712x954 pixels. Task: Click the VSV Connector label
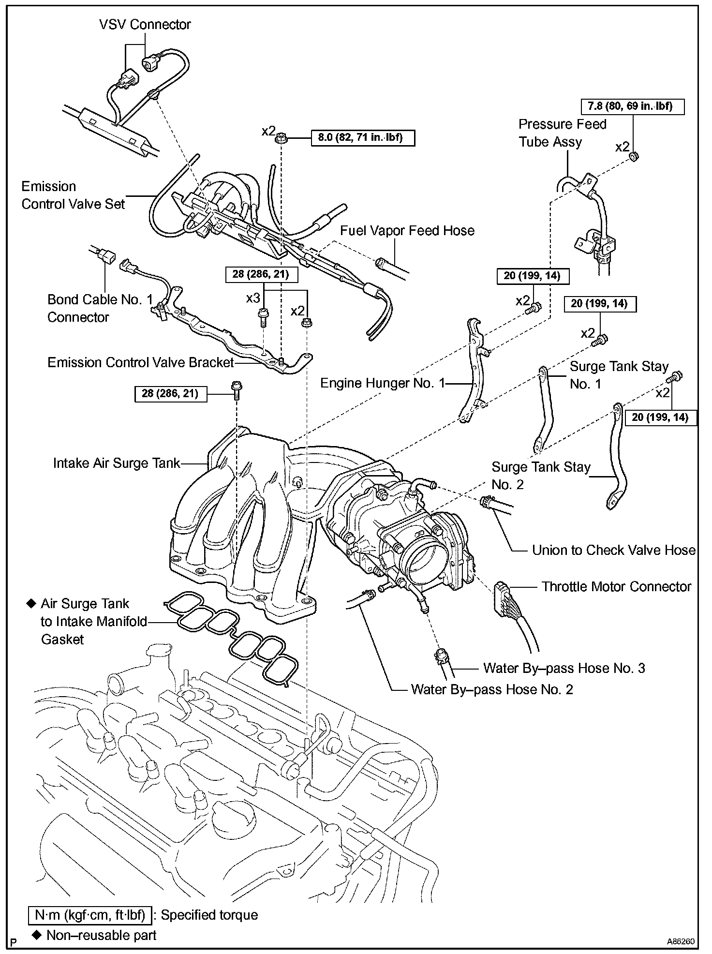coord(145,24)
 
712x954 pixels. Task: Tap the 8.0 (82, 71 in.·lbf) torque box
coord(360,138)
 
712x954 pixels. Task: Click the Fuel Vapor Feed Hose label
coord(407,231)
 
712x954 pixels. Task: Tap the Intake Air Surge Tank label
coord(117,463)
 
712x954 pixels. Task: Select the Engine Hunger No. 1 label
coord(383,384)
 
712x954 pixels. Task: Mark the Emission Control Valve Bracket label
coord(141,363)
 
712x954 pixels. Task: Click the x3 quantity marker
coord(253,298)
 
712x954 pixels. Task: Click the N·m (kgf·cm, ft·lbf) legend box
coord(90,915)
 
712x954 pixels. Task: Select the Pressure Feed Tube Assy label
coord(562,133)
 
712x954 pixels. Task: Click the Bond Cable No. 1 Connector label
coord(101,308)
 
